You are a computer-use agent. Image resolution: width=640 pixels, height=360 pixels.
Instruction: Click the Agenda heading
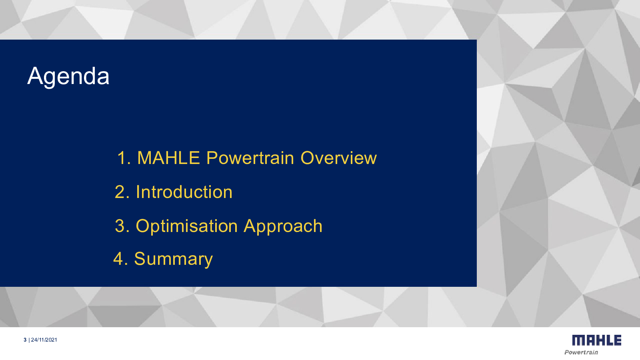(x=68, y=76)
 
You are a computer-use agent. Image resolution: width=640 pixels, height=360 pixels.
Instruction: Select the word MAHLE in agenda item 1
(x=168, y=158)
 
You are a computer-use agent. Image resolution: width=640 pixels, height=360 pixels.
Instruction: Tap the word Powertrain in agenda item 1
(x=250, y=158)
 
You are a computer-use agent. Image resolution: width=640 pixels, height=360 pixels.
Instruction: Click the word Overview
(x=338, y=158)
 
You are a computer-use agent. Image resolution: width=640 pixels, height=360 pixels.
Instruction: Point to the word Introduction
(x=184, y=192)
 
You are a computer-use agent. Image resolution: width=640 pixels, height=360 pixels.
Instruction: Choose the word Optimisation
(x=186, y=226)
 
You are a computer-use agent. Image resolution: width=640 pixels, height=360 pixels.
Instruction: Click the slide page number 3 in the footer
(x=25, y=340)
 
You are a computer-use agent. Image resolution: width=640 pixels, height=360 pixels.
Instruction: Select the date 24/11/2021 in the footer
(x=44, y=340)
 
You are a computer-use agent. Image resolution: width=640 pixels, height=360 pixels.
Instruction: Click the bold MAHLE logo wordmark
(x=597, y=340)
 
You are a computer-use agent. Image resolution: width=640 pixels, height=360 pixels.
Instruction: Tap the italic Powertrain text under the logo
(x=581, y=352)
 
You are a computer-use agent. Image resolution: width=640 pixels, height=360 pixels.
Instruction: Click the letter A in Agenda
(x=35, y=76)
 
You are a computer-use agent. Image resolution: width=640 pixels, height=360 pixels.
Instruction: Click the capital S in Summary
(x=140, y=258)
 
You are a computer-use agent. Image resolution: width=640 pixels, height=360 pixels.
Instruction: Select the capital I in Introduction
(x=138, y=192)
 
